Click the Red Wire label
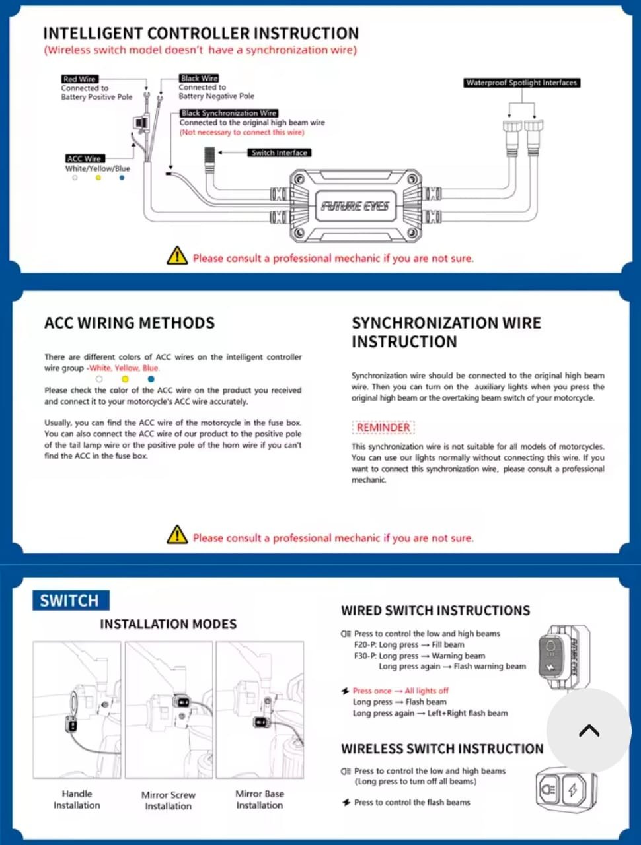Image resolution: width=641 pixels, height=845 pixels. [79, 79]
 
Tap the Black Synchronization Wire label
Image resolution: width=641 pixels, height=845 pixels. [229, 113]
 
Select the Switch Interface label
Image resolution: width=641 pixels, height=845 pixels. [280, 152]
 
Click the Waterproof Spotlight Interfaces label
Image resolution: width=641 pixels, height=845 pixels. [521, 83]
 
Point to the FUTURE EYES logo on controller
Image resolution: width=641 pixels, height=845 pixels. [355, 206]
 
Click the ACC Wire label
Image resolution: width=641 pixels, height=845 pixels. [84, 158]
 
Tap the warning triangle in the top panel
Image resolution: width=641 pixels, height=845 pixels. [177, 256]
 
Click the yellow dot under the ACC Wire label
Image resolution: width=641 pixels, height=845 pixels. [98, 178]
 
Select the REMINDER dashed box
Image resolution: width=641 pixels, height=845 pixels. [383, 428]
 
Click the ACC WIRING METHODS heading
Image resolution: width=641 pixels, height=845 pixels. [130, 323]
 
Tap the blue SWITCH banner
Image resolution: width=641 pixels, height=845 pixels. [70, 600]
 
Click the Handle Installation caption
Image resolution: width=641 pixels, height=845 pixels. [77, 799]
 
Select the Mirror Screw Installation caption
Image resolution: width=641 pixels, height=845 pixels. [169, 800]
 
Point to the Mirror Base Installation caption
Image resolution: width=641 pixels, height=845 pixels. [260, 799]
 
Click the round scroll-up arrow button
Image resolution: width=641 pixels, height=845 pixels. [588, 730]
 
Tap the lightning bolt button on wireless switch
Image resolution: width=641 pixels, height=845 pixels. [574, 789]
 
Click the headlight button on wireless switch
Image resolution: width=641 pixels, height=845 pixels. [548, 789]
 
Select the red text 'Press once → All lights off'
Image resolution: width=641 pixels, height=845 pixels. [400, 691]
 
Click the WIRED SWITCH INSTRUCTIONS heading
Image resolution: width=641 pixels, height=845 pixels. [435, 611]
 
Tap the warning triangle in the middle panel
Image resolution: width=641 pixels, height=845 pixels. [177, 535]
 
